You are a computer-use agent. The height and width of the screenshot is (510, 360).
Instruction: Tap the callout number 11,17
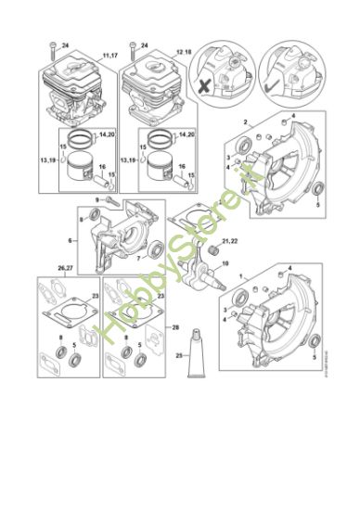110,57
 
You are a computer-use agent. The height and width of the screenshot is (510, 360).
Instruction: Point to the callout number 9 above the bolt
99,201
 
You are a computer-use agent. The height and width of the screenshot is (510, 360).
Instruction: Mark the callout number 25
178,355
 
